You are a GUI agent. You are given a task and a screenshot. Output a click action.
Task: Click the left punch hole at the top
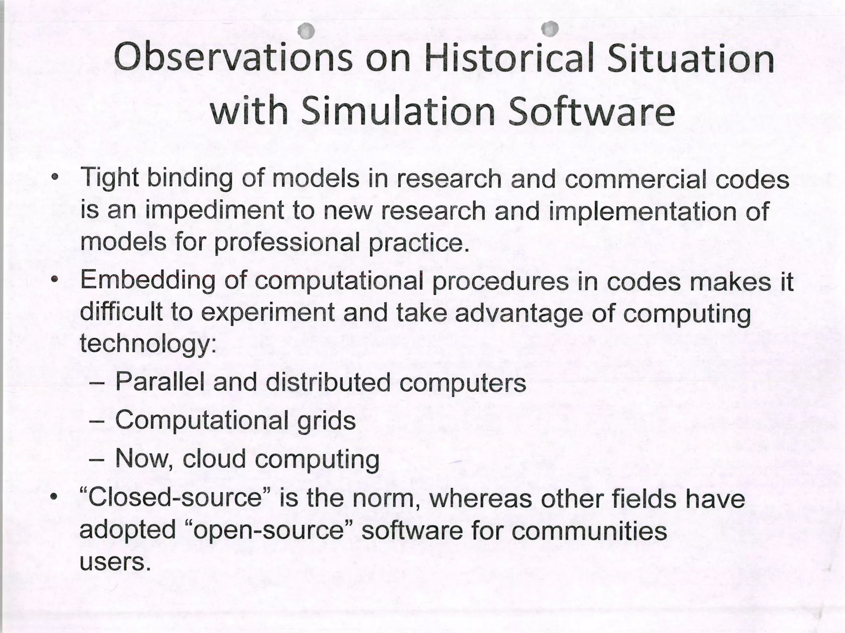306,31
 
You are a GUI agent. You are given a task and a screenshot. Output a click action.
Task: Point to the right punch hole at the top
550,28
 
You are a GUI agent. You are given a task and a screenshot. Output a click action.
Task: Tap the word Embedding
147,282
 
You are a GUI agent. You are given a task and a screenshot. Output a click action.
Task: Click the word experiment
268,313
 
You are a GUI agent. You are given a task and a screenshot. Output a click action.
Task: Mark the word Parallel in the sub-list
160,382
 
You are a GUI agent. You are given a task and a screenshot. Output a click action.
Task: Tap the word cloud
214,459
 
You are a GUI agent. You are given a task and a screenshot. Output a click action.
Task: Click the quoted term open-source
269,531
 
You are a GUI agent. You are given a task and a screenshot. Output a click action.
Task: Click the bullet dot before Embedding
54,280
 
